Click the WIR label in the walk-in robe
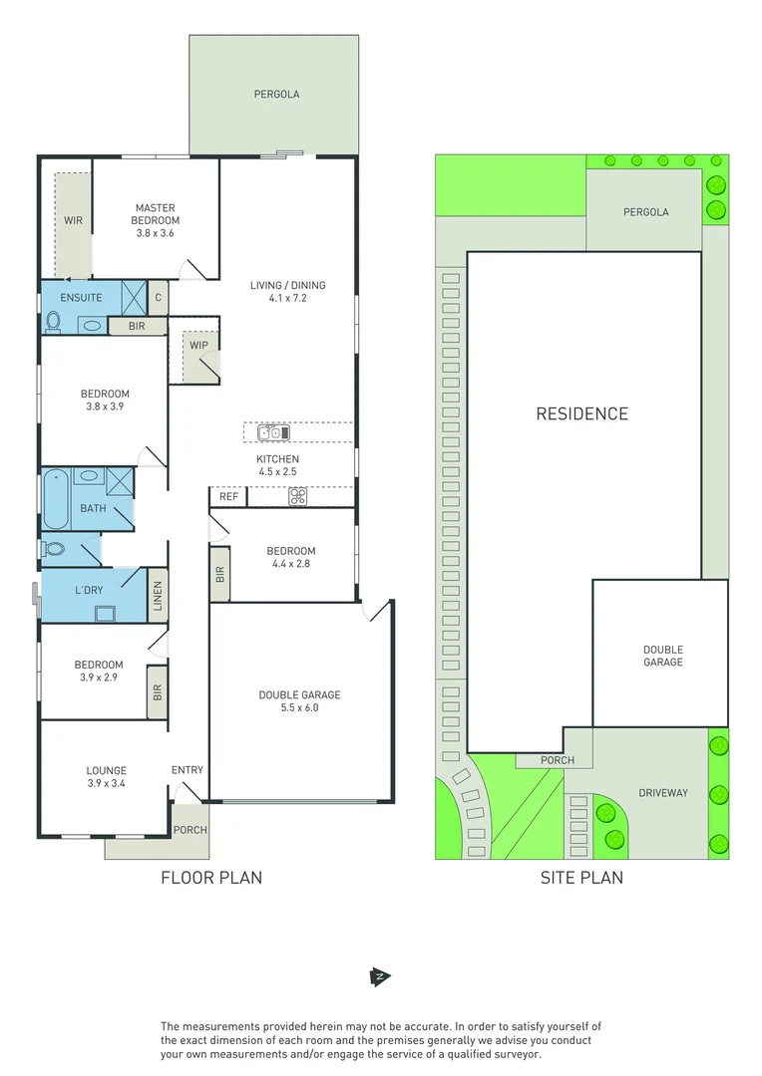click(73, 219)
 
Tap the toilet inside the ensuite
click(54, 322)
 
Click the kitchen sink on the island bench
click(272, 432)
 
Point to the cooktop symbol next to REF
click(296, 497)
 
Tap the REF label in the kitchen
click(228, 496)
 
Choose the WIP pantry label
click(197, 345)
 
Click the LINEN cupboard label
click(158, 596)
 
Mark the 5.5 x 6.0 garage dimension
click(299, 708)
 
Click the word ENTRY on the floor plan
click(187, 770)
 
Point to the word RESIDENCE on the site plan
click(581, 413)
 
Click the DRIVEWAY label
click(662, 793)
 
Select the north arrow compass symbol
click(379, 976)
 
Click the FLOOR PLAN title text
click(211, 878)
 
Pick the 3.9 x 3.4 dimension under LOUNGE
click(106, 784)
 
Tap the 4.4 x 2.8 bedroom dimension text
click(290, 565)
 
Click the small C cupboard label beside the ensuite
click(158, 297)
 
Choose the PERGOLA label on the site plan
click(645, 212)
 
